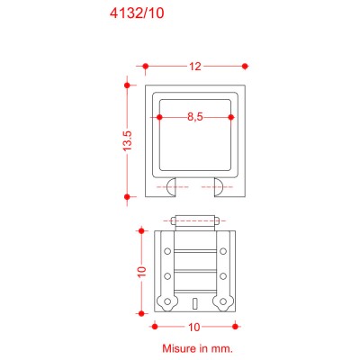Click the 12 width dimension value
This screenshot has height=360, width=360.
pos(194,66)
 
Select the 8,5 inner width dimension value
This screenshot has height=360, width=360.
pos(194,117)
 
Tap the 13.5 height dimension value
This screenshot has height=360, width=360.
pos(128,140)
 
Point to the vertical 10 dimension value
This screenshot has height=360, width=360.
pos(140,271)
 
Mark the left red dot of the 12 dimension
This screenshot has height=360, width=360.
pos(145,66)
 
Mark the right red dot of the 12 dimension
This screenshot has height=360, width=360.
pos(245,66)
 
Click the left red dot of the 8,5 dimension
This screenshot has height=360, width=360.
pos(159,117)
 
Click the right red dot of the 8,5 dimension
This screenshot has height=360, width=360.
pos(231,117)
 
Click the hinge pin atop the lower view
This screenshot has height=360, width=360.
pos(195,219)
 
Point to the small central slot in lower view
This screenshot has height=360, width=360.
pos(195,301)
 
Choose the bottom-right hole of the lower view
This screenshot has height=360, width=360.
pos(223,301)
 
